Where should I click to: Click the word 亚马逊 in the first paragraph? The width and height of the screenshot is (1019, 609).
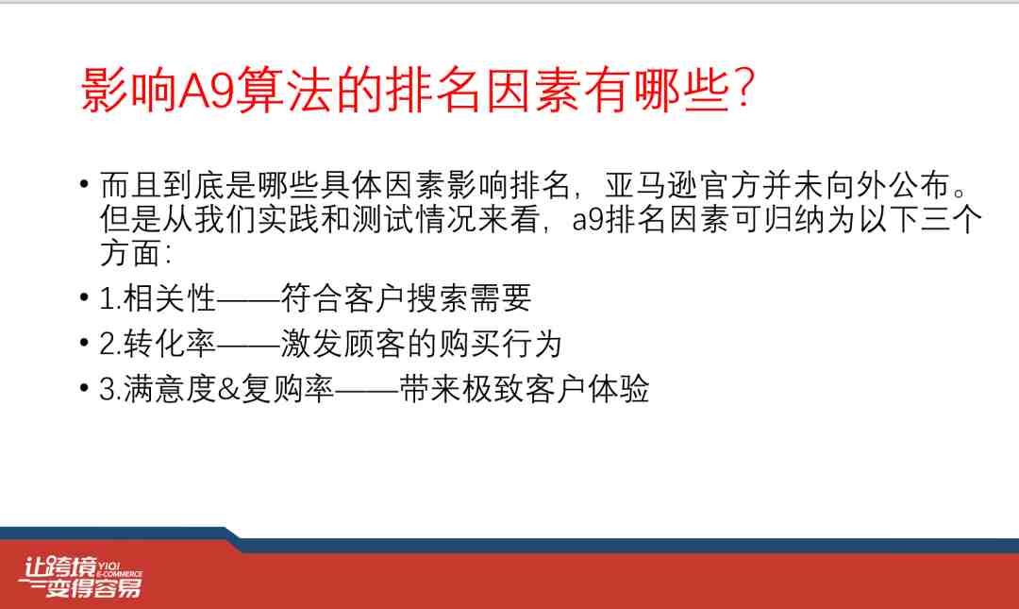tap(651, 185)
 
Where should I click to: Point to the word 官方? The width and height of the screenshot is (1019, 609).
tap(730, 185)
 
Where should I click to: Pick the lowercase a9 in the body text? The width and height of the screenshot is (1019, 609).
tap(588, 220)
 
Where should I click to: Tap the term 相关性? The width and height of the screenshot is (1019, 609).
tap(169, 298)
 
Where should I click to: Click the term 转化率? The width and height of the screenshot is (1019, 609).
tap(169, 344)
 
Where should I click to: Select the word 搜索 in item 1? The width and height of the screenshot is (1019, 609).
tap(438, 298)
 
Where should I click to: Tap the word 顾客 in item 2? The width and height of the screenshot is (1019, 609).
tap(375, 344)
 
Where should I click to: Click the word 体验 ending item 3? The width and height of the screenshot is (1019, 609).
tap(618, 389)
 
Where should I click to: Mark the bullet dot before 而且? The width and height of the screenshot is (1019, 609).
tap(84, 184)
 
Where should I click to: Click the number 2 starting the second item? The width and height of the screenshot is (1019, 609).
tap(107, 345)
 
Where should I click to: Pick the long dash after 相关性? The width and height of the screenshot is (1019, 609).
tap(247, 300)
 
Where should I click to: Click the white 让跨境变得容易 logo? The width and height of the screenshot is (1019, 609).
tap(80, 577)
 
